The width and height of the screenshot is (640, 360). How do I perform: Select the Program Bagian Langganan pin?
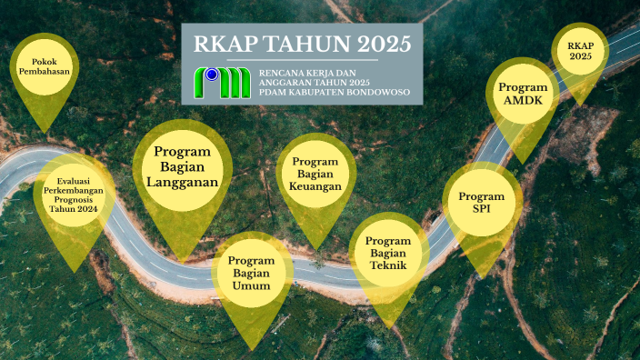click(182, 167)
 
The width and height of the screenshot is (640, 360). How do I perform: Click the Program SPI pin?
click(482, 203)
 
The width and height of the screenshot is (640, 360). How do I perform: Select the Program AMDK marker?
click(522, 93)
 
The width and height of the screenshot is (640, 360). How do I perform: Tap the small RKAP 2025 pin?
click(579, 50)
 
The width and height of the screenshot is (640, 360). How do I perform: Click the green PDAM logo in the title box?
click(224, 83)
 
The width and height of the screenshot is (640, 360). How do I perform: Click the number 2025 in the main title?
click(376, 44)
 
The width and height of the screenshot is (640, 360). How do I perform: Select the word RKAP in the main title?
click(224, 44)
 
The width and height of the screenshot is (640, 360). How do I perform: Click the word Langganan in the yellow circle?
click(182, 183)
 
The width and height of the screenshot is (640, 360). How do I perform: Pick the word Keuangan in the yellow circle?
click(315, 187)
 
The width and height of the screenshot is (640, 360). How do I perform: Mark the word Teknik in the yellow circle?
click(389, 265)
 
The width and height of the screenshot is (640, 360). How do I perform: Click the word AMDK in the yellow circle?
click(522, 100)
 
